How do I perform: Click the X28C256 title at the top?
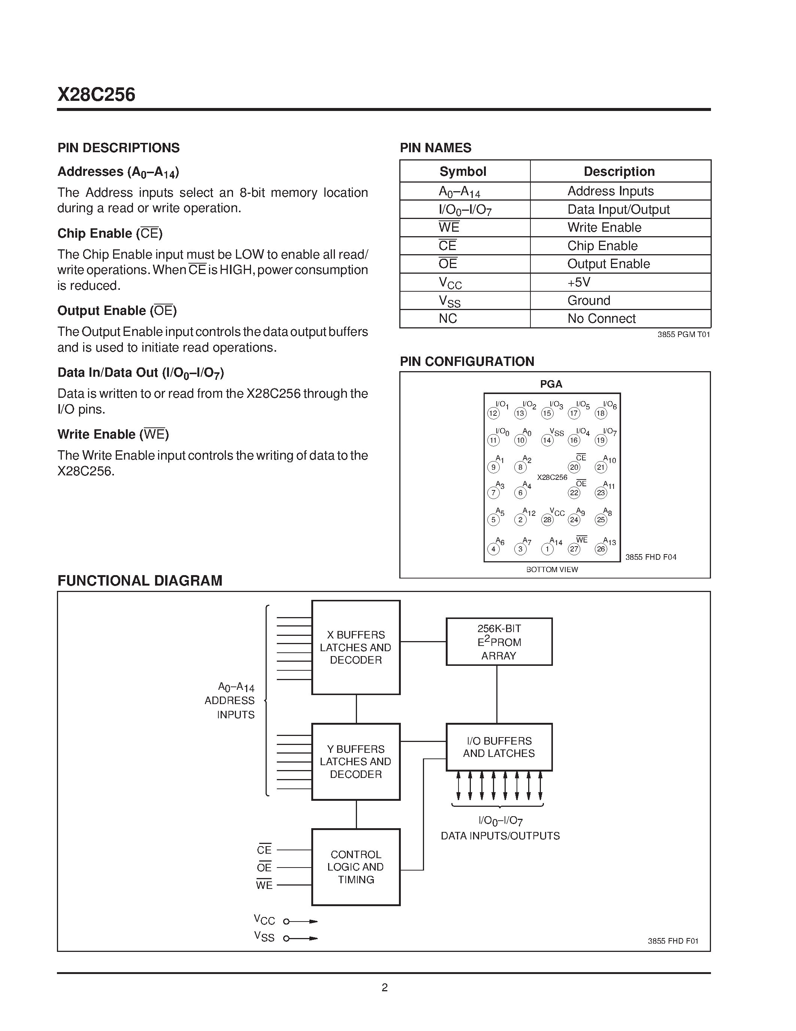[x=96, y=95]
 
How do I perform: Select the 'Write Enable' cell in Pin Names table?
[x=604, y=228]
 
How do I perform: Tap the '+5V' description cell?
[x=579, y=282]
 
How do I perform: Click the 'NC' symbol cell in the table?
[x=448, y=319]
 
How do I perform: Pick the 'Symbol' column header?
[x=463, y=171]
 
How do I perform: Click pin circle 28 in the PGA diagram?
[x=547, y=520]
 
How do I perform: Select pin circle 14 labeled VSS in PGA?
[x=547, y=441]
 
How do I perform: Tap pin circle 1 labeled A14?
[x=547, y=549]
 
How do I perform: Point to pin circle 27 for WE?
[x=574, y=549]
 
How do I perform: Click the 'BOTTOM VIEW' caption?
[x=552, y=570]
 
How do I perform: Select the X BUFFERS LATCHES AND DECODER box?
[x=355, y=647]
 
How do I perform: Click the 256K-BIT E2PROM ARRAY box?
[x=499, y=642]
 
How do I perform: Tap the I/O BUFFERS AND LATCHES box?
[x=499, y=747]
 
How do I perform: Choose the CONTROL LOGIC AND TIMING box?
[x=355, y=867]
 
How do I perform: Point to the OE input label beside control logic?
[x=264, y=868]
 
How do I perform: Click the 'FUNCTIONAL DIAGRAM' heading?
[x=140, y=581]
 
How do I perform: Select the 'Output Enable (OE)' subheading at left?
[x=117, y=311]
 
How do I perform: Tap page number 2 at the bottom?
[x=384, y=988]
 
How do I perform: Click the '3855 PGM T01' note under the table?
[x=683, y=335]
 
